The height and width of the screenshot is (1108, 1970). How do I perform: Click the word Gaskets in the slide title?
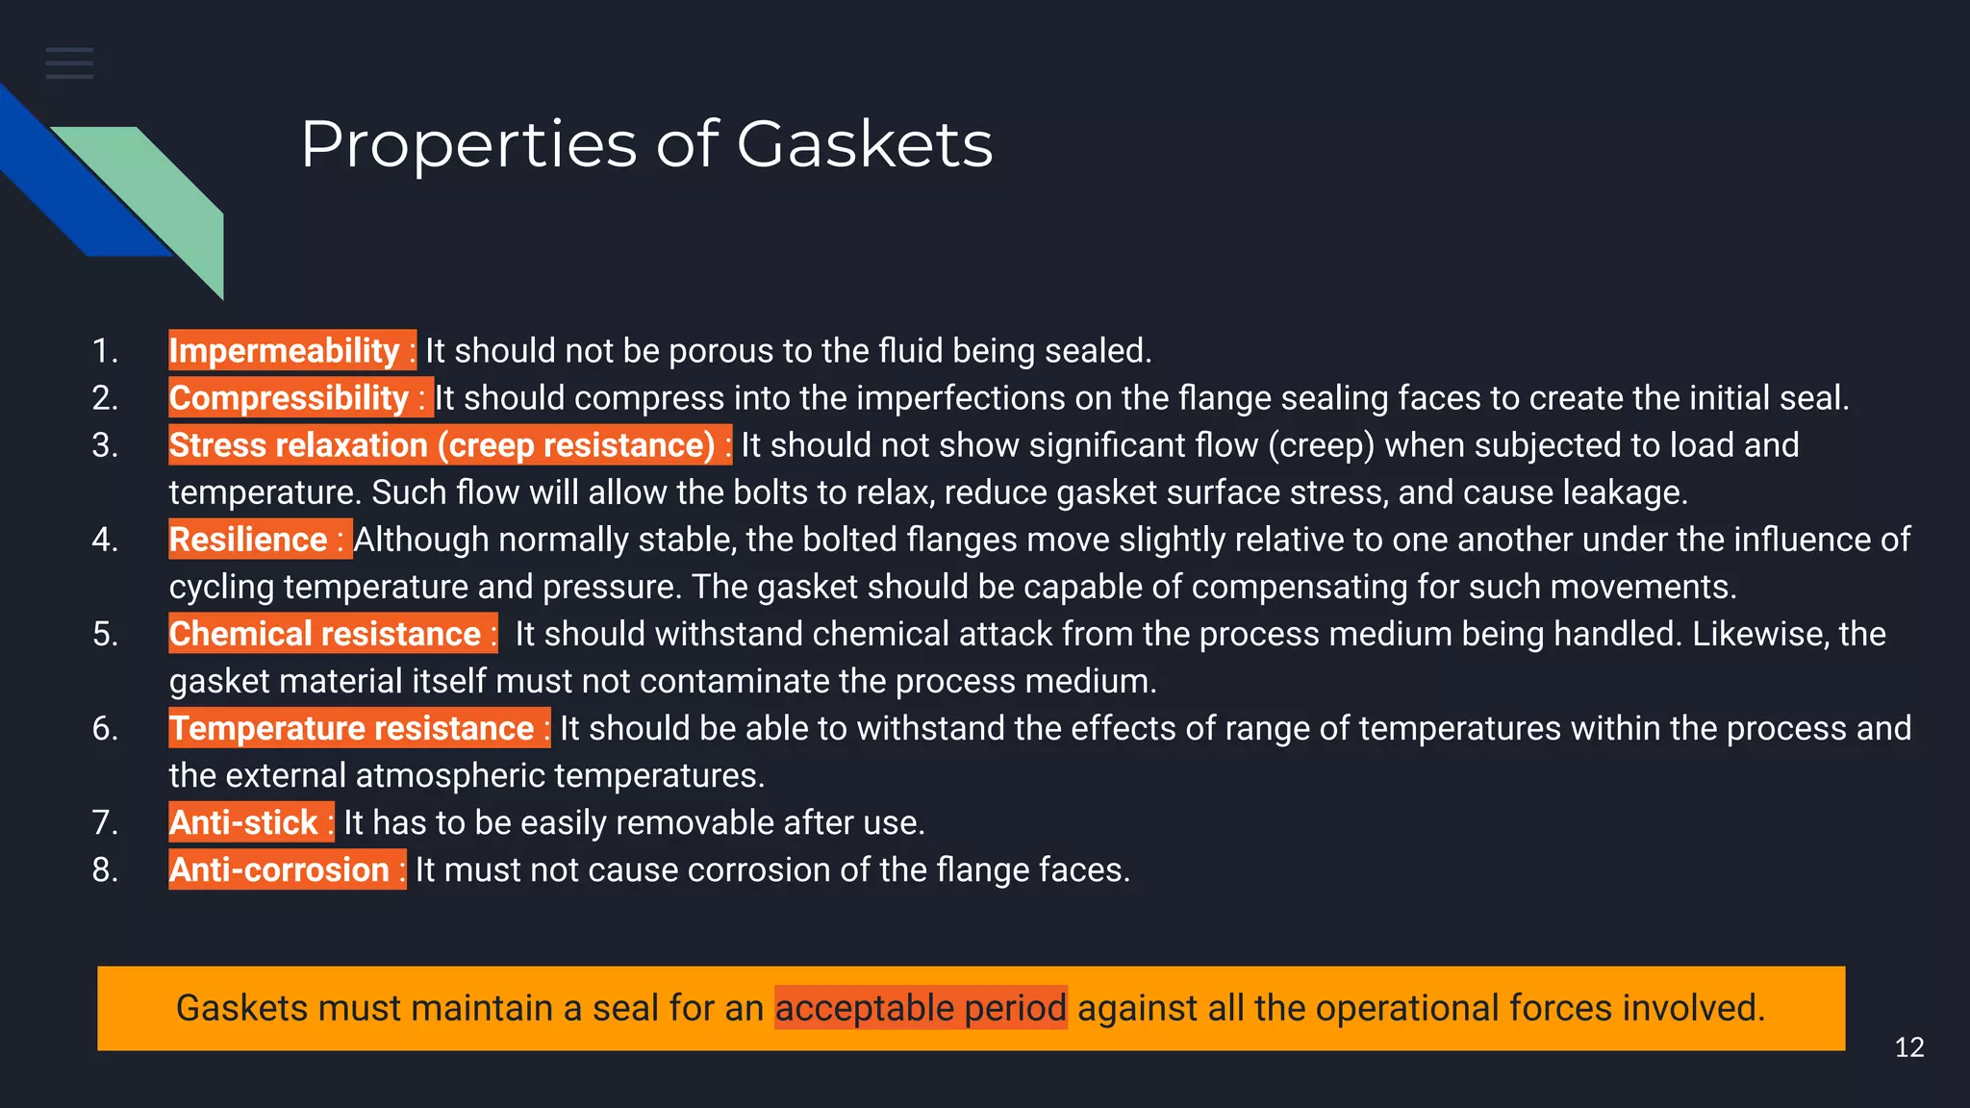(864, 144)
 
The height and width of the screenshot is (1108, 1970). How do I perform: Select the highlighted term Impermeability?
(285, 351)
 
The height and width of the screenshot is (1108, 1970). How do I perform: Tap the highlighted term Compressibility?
(290, 398)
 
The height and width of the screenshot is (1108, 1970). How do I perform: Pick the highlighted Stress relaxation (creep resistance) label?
(442, 445)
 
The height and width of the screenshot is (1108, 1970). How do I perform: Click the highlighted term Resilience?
(249, 540)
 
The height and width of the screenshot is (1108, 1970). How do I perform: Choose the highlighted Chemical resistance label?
(325, 634)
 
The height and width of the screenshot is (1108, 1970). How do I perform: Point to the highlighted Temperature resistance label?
(352, 728)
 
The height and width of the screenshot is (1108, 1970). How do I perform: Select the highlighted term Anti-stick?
(243, 822)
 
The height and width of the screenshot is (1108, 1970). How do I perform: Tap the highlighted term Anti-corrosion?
(280, 869)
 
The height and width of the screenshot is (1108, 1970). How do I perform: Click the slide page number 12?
(1908, 1047)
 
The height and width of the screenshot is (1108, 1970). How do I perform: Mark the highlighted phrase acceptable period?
(921, 1008)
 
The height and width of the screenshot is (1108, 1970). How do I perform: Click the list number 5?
(105, 634)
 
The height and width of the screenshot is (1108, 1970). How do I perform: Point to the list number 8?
(105, 869)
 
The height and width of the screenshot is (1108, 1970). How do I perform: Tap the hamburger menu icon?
(69, 63)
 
